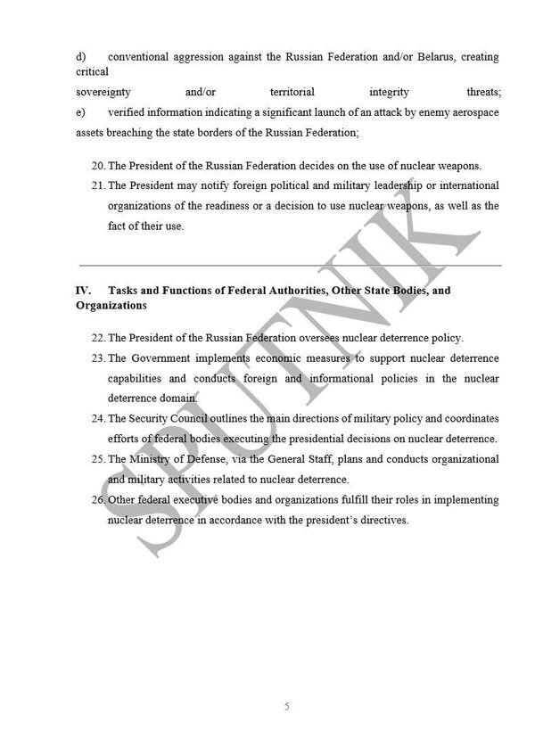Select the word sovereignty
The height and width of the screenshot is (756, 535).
coord(103,92)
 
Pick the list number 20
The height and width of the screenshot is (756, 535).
coord(98,165)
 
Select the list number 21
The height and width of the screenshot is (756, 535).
coord(98,185)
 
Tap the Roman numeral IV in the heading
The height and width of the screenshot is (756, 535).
coord(83,291)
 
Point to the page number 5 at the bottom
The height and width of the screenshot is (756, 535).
coord(286,706)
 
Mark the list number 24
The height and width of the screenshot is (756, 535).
coord(98,419)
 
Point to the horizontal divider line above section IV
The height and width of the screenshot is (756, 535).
coord(290,265)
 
